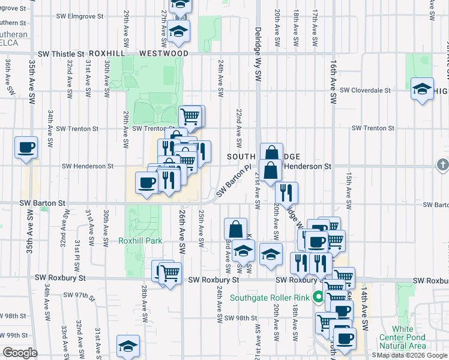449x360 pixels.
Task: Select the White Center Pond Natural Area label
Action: point(411,337)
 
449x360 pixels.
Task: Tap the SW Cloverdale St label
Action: point(365,91)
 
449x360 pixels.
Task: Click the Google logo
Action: point(19,353)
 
